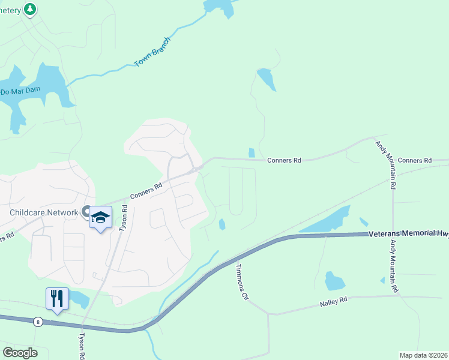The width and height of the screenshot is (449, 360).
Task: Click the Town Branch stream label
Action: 152,52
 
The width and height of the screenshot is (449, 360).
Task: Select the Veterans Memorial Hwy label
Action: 408,234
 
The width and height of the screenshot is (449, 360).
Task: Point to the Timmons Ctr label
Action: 241,281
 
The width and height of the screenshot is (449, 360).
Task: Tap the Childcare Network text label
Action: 44,212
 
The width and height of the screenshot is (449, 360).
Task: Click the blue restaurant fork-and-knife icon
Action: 57,298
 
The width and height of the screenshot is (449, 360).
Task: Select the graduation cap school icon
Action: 101,217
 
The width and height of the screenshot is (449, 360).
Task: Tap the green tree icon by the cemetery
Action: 30,9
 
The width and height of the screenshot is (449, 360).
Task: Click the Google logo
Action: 20,353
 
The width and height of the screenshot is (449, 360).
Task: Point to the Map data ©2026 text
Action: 423,355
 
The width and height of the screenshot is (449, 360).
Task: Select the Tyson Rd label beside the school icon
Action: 124,218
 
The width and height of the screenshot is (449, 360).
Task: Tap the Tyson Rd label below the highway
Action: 82,346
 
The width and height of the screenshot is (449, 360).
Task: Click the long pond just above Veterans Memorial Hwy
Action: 327,221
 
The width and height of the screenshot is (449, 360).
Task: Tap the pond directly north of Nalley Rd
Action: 334,280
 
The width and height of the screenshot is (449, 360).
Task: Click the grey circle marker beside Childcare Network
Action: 86,212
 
